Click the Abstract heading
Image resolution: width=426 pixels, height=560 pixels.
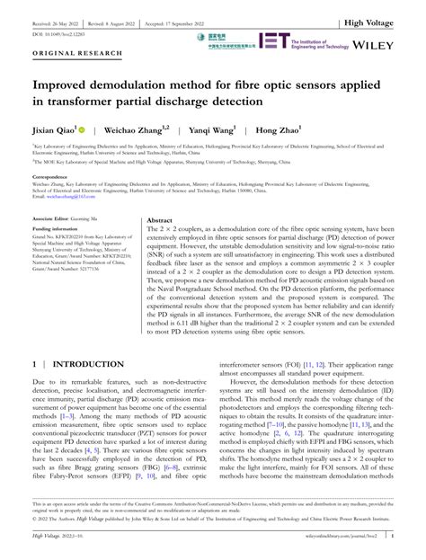[159, 219]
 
